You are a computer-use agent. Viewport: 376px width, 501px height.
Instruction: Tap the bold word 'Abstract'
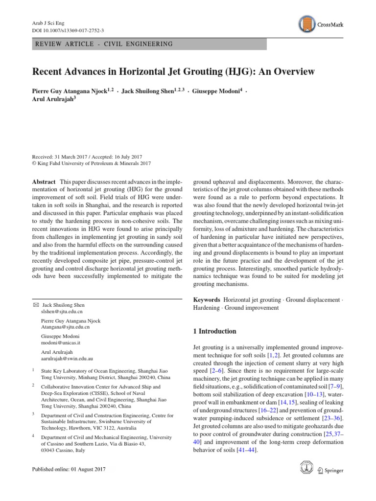44,181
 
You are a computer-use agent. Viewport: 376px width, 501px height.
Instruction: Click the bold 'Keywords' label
207,299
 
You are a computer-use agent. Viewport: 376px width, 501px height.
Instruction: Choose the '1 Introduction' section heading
215,331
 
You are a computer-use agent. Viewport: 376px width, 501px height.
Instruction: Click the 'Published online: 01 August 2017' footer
68,469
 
